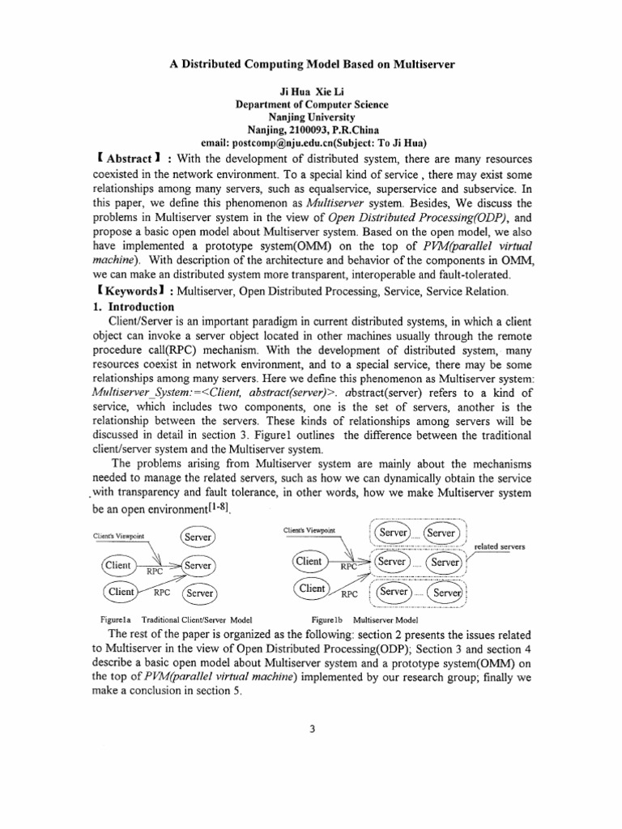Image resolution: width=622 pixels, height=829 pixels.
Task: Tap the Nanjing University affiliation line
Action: tap(311, 117)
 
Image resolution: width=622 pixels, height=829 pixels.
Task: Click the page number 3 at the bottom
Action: tap(311, 728)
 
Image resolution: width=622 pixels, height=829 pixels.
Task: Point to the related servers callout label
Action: tap(500, 546)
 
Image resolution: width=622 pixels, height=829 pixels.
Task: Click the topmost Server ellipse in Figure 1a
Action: tap(197, 537)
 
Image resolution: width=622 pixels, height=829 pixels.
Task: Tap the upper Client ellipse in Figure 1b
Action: tap(309, 561)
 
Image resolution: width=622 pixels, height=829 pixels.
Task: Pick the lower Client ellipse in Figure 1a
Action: tap(118, 592)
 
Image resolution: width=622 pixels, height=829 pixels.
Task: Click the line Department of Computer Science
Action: tap(311, 104)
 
